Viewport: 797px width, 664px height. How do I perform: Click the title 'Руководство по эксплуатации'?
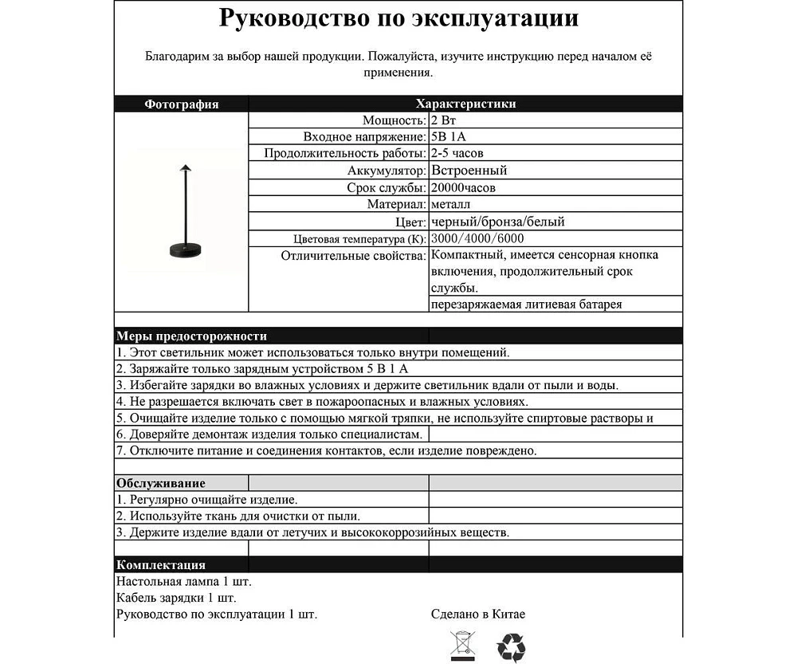[x=398, y=19]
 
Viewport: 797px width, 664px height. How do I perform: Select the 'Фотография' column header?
[x=181, y=104]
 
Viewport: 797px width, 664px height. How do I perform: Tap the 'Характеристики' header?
[x=465, y=104]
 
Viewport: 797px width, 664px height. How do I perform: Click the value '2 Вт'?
[x=444, y=120]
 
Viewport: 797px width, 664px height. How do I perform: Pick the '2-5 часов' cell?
[x=457, y=153]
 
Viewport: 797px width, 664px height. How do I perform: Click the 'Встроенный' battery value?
[x=469, y=171]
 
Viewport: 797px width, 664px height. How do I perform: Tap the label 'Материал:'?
[x=396, y=205]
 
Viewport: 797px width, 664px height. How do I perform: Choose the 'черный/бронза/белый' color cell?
[x=497, y=222]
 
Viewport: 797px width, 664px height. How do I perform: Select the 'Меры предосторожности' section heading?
[x=191, y=336]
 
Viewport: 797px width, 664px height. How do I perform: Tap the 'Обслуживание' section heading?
[x=161, y=483]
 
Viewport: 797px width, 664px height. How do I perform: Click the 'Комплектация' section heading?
[x=161, y=565]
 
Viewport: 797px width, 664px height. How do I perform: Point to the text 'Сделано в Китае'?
[x=478, y=614]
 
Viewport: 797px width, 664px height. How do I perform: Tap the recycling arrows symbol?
[x=511, y=647]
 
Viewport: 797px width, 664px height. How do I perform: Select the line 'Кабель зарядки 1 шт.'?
[x=176, y=598]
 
